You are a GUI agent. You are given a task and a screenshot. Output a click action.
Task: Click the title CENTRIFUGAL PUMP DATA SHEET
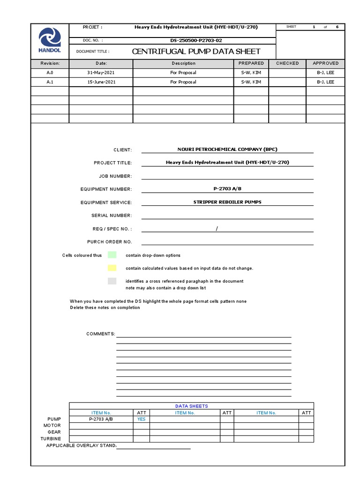[196, 52]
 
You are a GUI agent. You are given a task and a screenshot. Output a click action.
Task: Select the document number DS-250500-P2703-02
[196, 40]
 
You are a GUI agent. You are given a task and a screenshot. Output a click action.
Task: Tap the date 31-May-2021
[101, 73]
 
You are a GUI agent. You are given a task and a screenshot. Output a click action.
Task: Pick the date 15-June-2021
[101, 82]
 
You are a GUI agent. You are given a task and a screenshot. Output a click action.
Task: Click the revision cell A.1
[50, 82]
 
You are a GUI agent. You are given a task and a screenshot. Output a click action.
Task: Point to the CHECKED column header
[287, 63]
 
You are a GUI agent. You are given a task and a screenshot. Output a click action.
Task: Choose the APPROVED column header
[325, 63]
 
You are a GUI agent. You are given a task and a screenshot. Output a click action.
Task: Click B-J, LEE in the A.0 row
[325, 73]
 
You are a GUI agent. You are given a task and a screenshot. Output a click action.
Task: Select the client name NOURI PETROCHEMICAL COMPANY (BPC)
[227, 150]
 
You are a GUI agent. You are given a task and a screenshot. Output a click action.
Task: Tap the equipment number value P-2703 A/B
[227, 189]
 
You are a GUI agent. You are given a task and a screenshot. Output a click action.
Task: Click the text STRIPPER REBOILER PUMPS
[227, 202]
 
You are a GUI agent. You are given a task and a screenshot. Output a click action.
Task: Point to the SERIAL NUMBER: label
[112, 216]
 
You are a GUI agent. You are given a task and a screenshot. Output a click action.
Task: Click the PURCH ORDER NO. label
[110, 242]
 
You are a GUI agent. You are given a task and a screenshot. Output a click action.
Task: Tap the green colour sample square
[112, 255]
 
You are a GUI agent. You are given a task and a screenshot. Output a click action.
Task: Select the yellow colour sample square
[112, 268]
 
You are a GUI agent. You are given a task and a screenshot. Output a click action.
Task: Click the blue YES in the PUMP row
[141, 419]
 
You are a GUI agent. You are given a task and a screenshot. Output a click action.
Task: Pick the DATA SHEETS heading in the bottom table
[191, 406]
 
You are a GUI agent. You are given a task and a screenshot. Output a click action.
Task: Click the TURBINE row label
[51, 439]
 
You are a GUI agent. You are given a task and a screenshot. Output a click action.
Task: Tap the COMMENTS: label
[100, 334]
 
